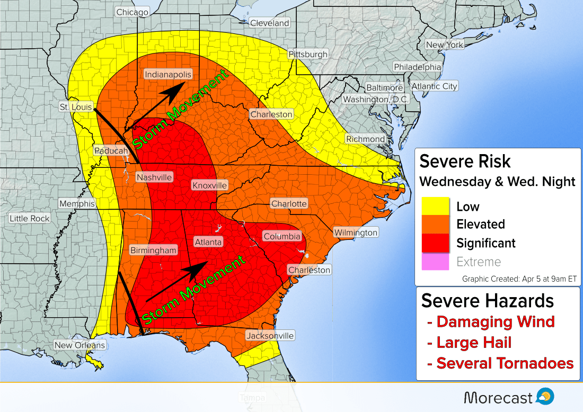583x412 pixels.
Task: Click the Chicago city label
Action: point(132,12)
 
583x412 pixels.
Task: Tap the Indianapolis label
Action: point(167,75)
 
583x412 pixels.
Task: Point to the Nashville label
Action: point(154,177)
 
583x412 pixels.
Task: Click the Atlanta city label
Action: point(208,241)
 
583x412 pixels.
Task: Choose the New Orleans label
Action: point(80,345)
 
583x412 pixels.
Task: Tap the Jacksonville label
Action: point(270,336)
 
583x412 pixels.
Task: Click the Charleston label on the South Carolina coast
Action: point(309,270)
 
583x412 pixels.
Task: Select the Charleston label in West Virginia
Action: point(271,114)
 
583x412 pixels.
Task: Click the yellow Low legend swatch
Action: point(435,207)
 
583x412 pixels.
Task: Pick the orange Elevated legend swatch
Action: point(435,225)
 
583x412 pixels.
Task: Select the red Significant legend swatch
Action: point(435,243)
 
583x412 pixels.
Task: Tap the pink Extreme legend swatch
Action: point(435,262)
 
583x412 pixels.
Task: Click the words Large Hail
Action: point(473,343)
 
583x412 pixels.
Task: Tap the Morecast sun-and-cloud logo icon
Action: point(545,396)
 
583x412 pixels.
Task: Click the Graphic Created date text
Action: point(518,279)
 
